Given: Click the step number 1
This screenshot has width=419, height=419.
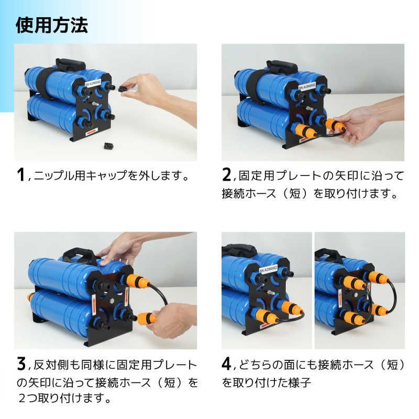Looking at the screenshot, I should (21, 174).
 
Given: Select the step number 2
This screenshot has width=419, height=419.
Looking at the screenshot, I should (227, 174).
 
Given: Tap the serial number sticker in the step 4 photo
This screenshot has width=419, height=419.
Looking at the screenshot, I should (270, 272).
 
